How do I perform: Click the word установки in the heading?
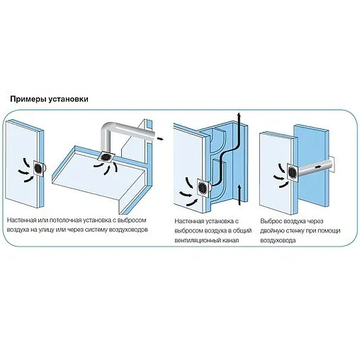(69, 99)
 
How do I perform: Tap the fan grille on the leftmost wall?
(38, 169)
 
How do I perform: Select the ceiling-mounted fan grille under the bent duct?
(106, 157)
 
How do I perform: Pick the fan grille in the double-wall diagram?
(293, 172)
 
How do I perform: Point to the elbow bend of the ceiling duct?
(107, 128)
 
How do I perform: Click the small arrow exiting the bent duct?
(160, 139)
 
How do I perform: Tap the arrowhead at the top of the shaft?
(240, 115)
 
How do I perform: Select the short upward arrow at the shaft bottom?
(240, 195)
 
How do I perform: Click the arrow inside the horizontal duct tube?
(318, 167)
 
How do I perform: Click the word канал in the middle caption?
(231, 240)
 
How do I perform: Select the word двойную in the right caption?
(271, 231)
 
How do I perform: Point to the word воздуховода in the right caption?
(278, 241)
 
